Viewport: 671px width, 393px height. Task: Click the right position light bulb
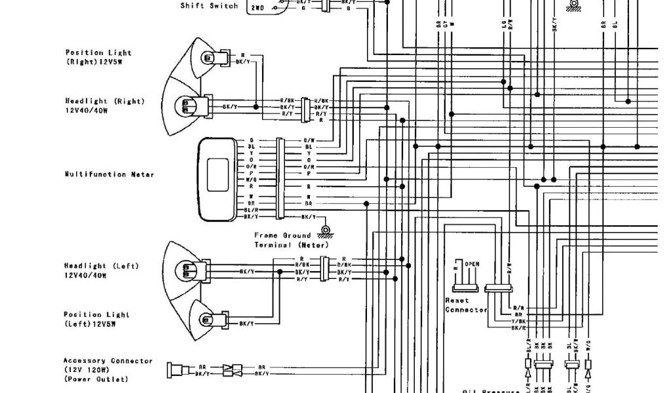point(208,58)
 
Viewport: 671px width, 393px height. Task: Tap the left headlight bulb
point(187,269)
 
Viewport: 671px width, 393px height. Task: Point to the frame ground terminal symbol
point(324,230)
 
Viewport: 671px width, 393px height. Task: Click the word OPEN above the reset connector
point(472,264)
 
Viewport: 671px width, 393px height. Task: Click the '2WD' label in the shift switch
point(256,9)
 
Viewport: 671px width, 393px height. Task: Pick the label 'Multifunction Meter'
point(109,174)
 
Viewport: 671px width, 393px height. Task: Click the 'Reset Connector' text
point(466,305)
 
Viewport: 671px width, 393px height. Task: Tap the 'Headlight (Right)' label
point(104,102)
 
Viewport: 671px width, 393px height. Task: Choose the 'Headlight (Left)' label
point(102,266)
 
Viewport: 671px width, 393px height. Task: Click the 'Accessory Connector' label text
point(108,361)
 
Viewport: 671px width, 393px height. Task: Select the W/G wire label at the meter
point(251,179)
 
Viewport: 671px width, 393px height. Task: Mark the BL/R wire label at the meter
point(251,210)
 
